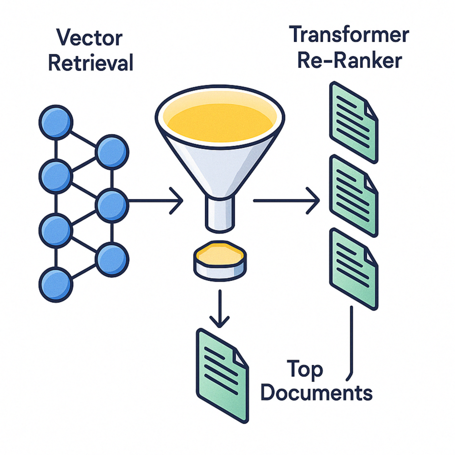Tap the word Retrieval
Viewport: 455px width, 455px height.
(91, 62)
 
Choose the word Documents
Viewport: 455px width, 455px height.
(318, 392)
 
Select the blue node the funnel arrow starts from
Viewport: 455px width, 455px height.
(112, 201)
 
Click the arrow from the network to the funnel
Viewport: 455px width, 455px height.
(155, 201)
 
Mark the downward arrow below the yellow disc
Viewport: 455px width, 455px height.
(220, 309)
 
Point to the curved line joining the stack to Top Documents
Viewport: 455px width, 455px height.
(352, 346)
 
